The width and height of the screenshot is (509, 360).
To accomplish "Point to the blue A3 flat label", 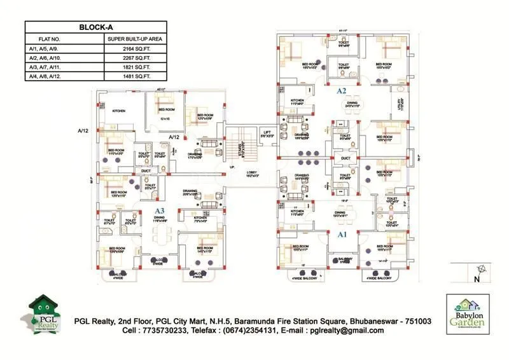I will click(x=160, y=211).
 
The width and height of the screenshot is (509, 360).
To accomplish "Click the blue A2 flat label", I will click(x=342, y=91).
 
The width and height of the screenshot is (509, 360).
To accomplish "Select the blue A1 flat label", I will click(x=342, y=235).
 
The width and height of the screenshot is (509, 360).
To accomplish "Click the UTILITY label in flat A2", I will click(x=400, y=101).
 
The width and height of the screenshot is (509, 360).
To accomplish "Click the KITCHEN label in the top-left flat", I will click(x=119, y=111).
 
